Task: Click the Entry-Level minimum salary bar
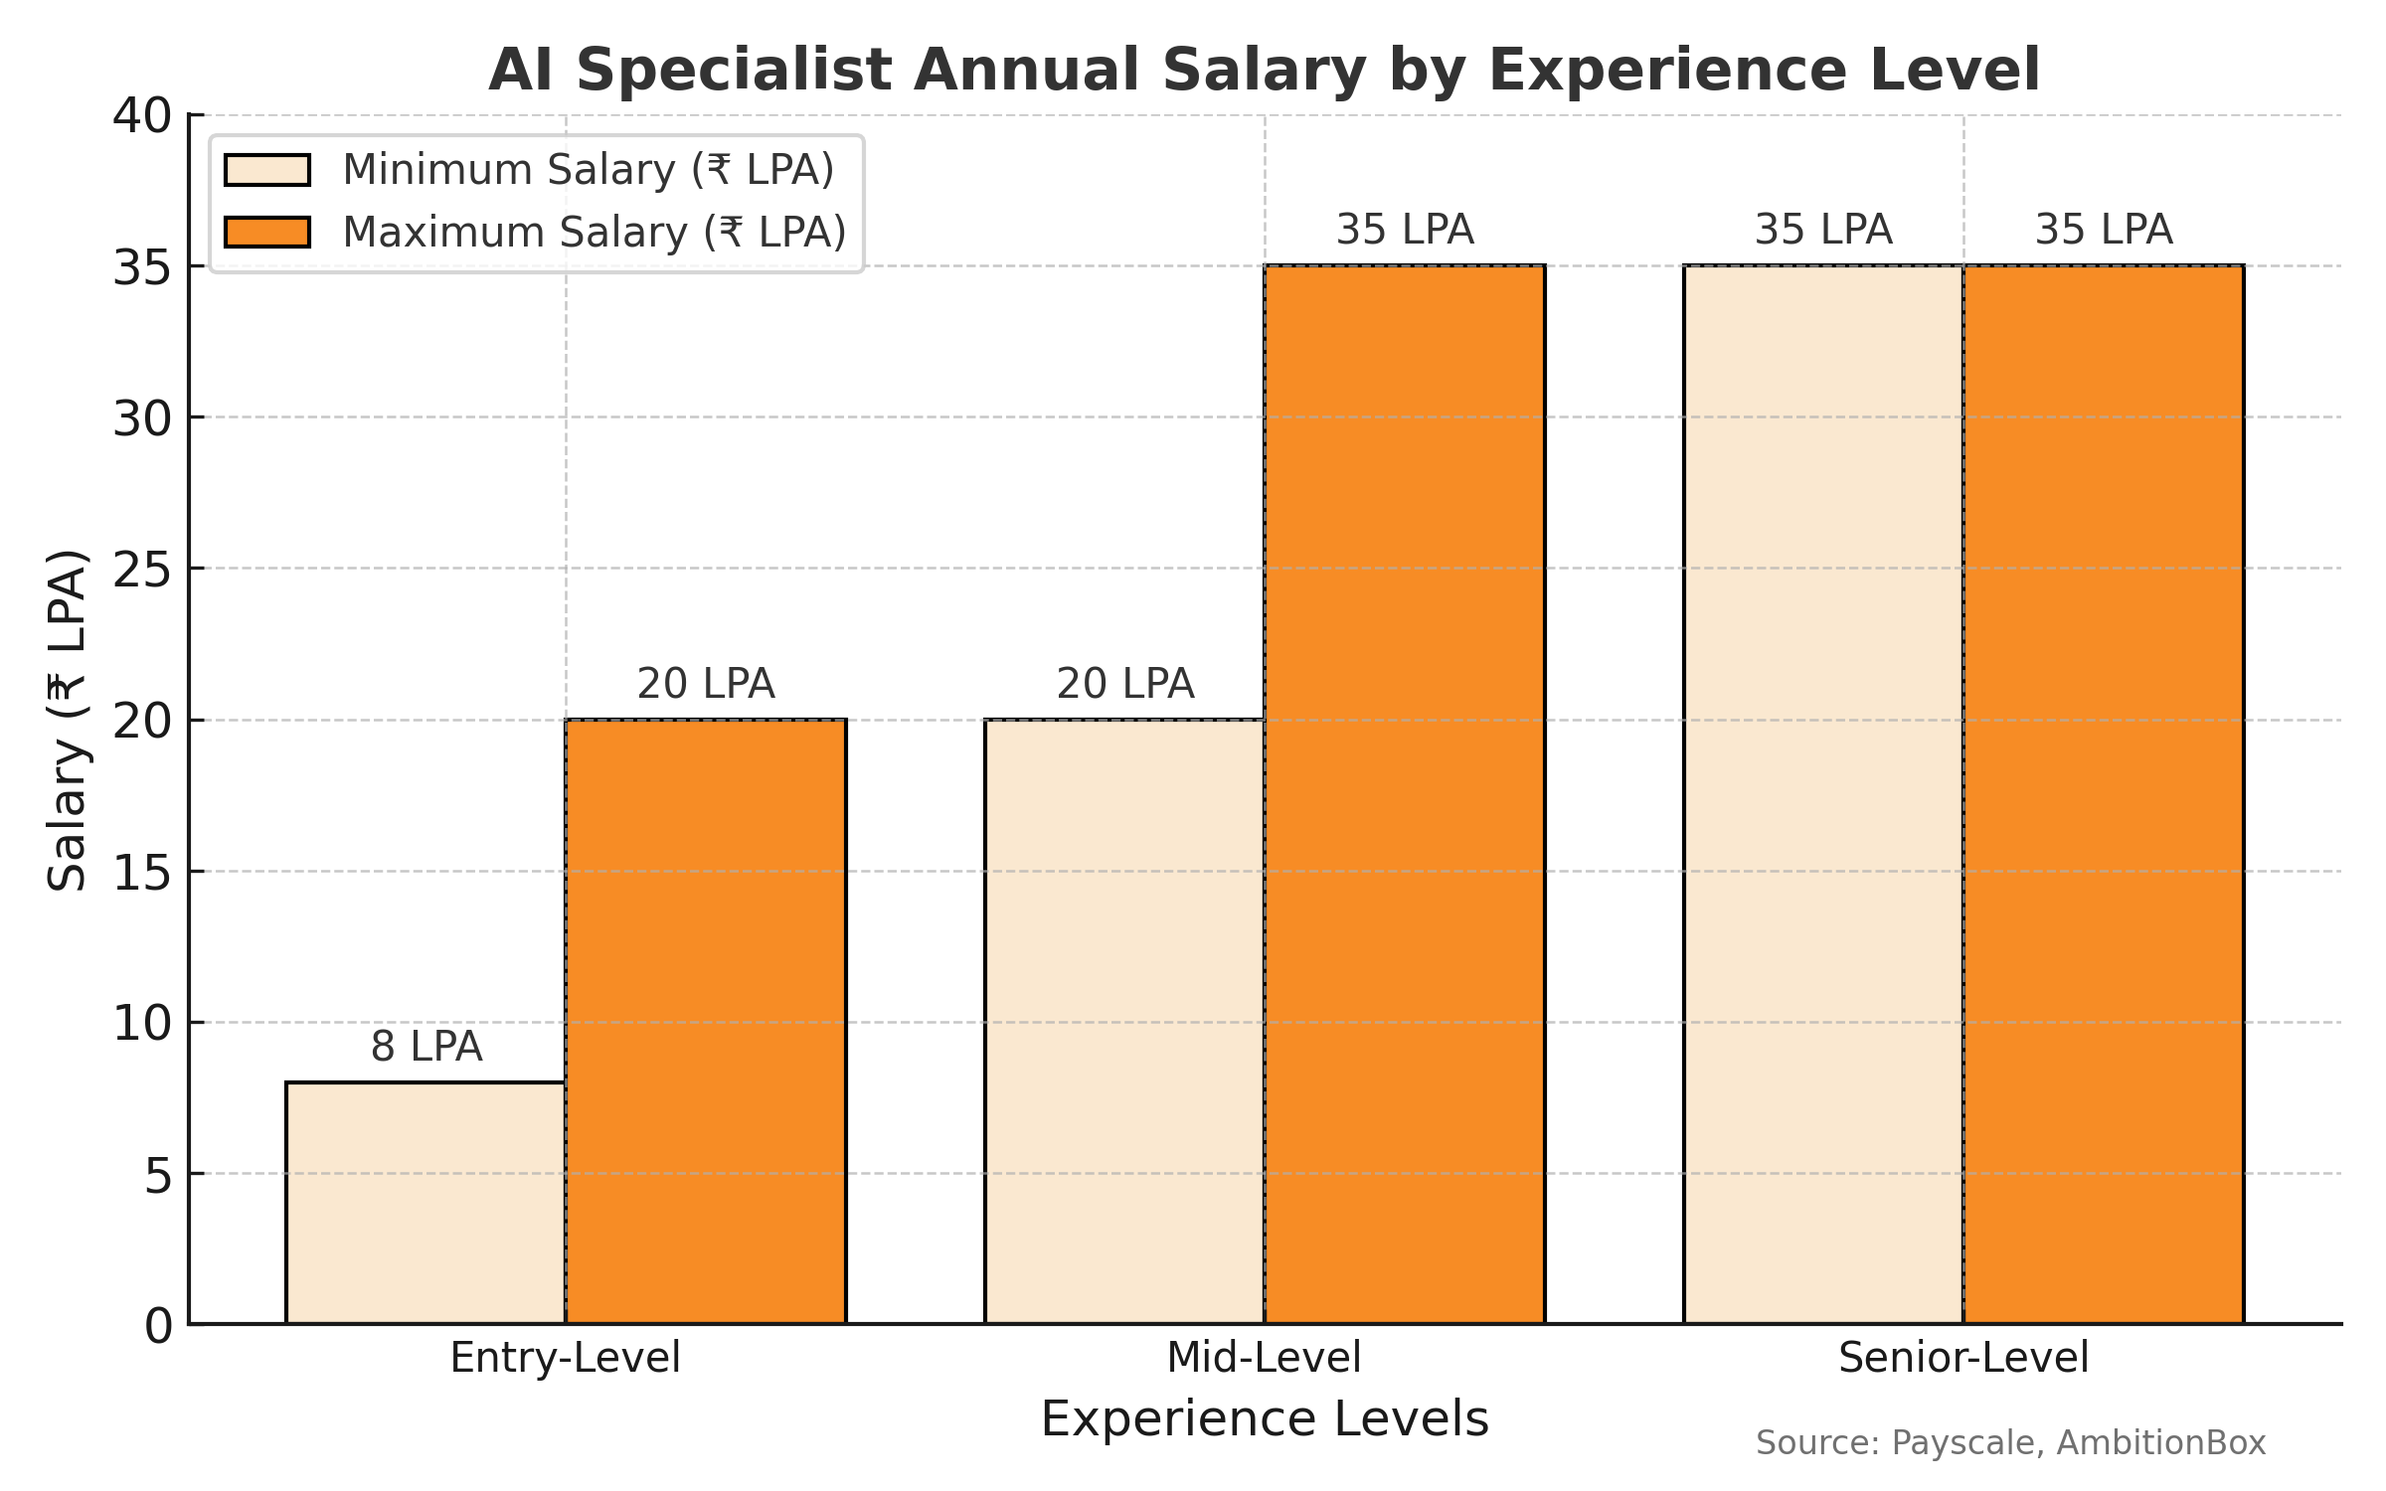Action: click(x=426, y=1203)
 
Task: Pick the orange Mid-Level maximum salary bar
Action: click(x=1405, y=795)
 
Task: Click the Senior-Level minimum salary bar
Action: click(x=1823, y=795)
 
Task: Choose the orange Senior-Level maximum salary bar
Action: click(x=2104, y=795)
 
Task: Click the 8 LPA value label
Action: click(x=426, y=1047)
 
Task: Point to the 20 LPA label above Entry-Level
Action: click(x=706, y=684)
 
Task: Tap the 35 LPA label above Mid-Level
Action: click(x=1405, y=230)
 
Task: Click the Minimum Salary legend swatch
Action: click(x=267, y=170)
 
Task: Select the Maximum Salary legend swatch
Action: click(x=267, y=233)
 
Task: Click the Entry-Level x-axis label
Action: click(x=565, y=1358)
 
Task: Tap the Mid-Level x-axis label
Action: click(x=1264, y=1358)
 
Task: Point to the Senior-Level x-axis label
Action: click(x=1963, y=1358)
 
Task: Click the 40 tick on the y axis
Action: click(x=142, y=116)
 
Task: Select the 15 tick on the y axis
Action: click(x=142, y=872)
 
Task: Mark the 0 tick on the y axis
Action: click(x=158, y=1326)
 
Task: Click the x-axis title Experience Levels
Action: click(x=1265, y=1419)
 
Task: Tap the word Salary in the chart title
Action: click(x=1264, y=72)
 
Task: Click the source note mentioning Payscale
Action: click(x=2010, y=1442)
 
